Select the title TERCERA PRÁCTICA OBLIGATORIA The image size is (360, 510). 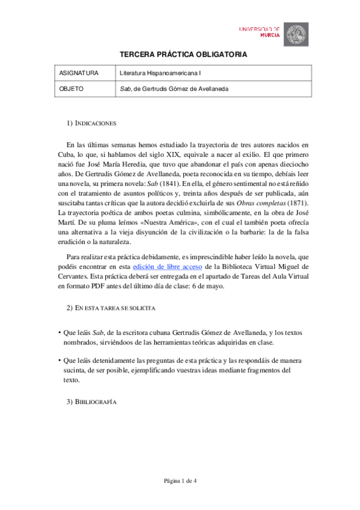(180, 54)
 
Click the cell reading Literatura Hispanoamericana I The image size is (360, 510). (160, 73)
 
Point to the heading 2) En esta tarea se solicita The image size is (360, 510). (111, 308)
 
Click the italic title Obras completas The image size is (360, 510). (261, 203)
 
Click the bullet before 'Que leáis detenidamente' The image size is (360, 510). (59, 361)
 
